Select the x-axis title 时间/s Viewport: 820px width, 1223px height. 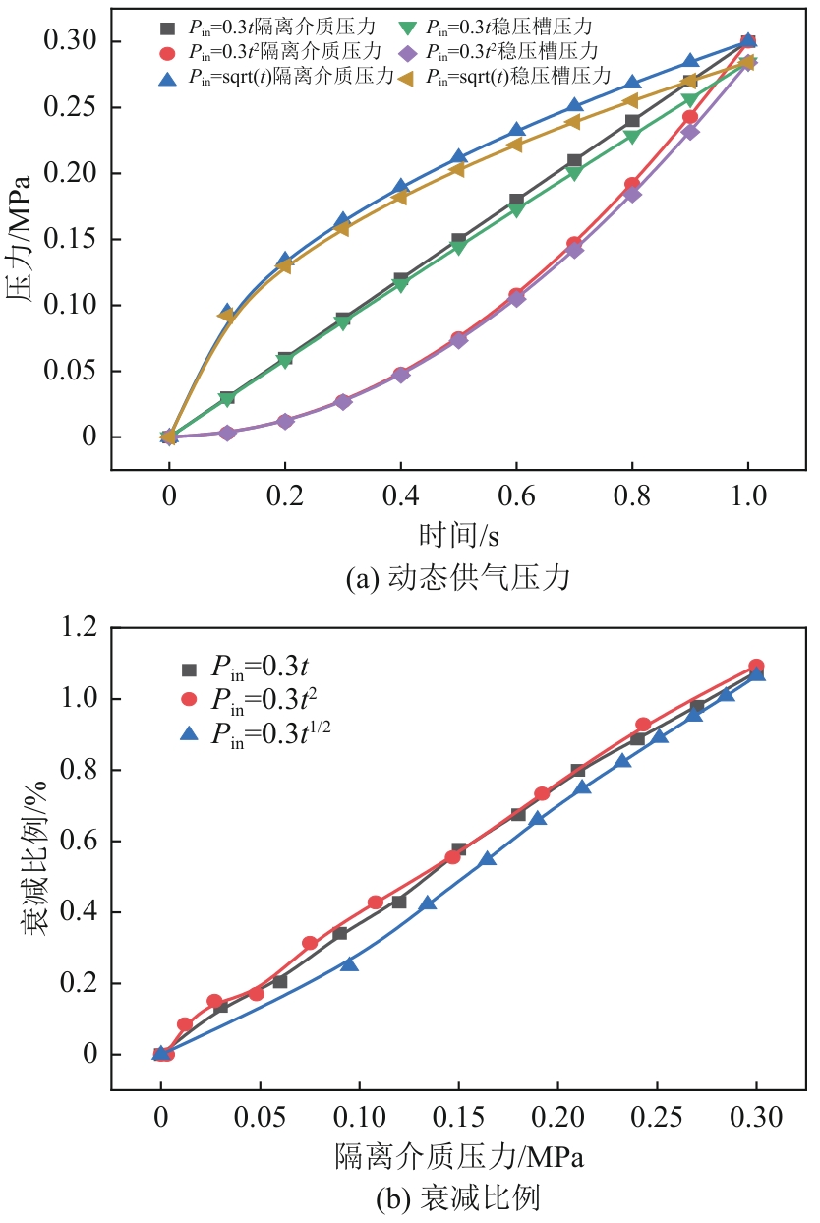point(458,536)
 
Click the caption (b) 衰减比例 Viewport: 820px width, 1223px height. point(458,1198)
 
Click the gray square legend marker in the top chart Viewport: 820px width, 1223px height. point(167,24)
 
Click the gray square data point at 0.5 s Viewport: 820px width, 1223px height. point(458,240)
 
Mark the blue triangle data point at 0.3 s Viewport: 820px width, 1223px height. point(343,221)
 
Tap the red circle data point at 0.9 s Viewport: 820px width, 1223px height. point(690,117)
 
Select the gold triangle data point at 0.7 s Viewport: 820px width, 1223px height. point(574,122)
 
